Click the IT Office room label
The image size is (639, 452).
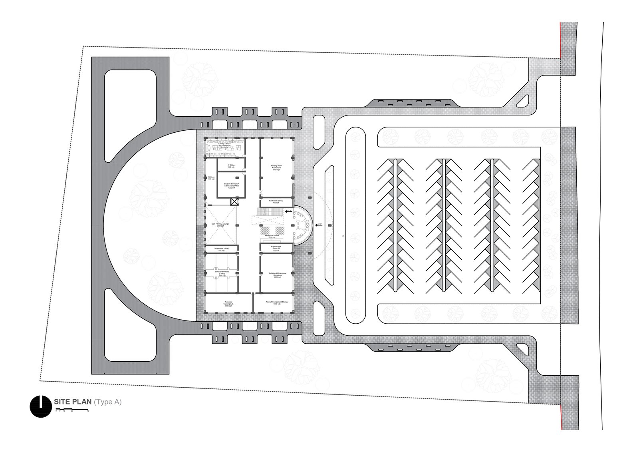point(231,166)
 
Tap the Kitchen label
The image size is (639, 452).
point(212,178)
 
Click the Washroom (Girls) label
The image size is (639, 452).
point(221,249)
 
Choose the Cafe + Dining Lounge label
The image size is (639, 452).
point(220,225)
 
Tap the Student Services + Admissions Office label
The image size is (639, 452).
point(232,185)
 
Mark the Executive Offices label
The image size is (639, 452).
point(221,274)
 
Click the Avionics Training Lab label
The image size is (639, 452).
point(228,304)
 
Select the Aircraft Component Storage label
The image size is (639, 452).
point(277,303)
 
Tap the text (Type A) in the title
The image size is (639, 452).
point(108,402)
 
